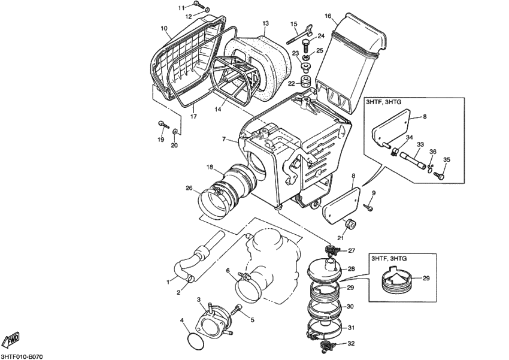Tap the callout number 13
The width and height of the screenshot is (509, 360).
pyautogui.click(x=265, y=23)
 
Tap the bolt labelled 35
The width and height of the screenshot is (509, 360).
pyautogui.click(x=440, y=176)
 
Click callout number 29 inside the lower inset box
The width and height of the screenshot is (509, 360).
pyautogui.click(x=426, y=279)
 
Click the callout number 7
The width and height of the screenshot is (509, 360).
pyautogui.click(x=223, y=139)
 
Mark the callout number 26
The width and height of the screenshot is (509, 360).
pyautogui.click(x=189, y=188)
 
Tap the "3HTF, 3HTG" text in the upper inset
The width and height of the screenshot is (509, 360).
pyautogui.click(x=385, y=104)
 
